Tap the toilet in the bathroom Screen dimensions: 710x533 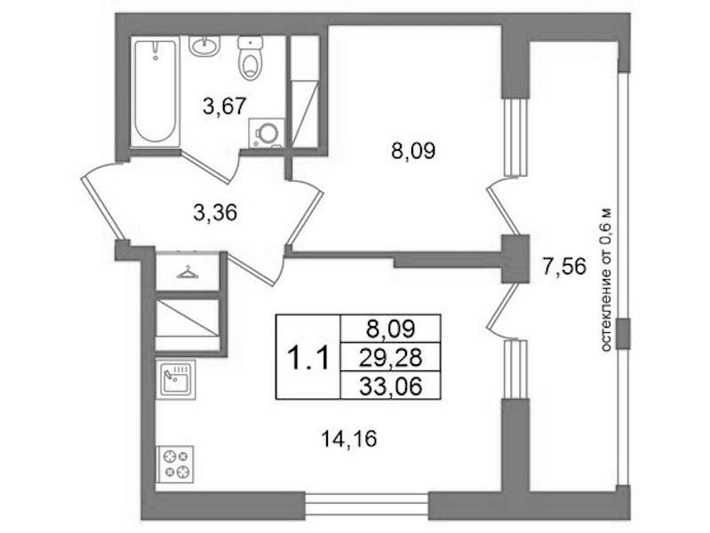tap(250, 58)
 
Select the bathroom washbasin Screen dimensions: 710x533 tap(204, 46)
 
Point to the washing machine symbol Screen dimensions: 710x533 tap(267, 133)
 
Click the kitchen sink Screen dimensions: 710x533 tap(176, 379)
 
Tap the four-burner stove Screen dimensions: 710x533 tap(175, 465)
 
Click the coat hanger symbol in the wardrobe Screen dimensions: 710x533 tap(187, 272)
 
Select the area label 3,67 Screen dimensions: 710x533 tap(225, 107)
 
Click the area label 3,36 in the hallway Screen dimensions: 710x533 tap(215, 212)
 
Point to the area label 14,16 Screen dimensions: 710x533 tap(349, 438)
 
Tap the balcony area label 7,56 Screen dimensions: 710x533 tap(564, 266)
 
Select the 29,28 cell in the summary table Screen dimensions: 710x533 tap(390, 357)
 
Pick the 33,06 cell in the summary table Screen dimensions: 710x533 tap(390, 386)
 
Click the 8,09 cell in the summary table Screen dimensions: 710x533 tap(390, 329)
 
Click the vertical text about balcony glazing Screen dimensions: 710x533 tap(606, 280)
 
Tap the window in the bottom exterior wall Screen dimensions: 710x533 tap(366, 505)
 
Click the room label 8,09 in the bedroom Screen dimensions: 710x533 tap(413, 151)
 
